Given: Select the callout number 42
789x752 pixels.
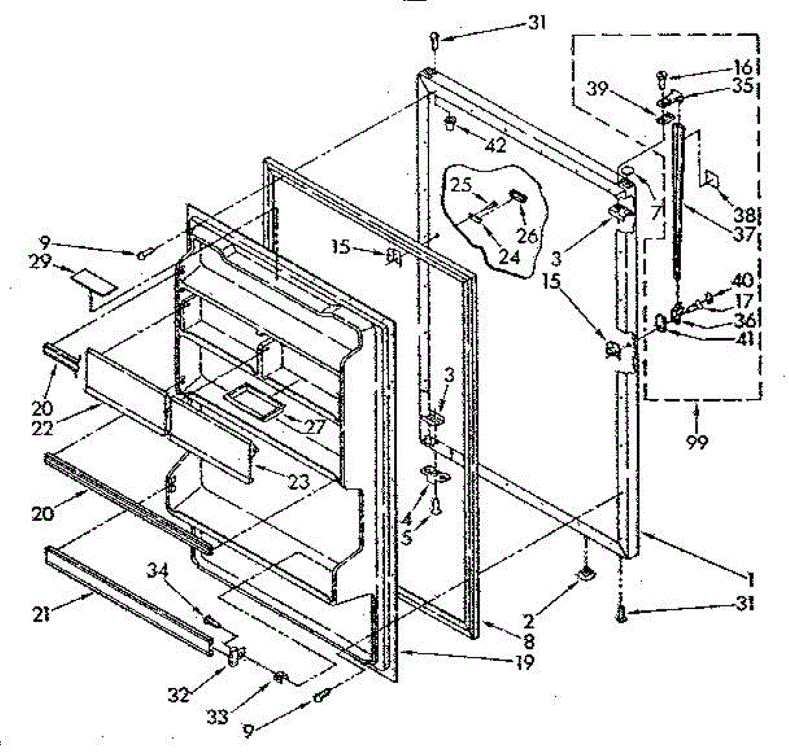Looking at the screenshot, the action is point(496,146).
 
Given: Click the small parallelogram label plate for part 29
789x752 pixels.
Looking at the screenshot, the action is point(92,281).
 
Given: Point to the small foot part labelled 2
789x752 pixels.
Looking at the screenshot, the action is point(585,575).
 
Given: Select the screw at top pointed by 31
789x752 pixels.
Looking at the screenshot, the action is point(434,41).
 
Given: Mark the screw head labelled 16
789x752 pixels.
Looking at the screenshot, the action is point(660,79).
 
